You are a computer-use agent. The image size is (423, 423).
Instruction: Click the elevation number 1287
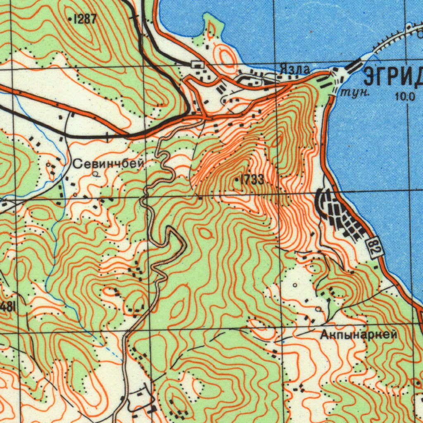pos(86,18)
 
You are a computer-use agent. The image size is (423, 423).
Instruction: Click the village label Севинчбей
pos(109,164)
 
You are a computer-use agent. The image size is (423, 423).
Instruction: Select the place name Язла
pos(294,70)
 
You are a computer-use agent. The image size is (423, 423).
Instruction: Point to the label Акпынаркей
pos(359,335)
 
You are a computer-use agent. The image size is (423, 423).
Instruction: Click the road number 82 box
pos(375,247)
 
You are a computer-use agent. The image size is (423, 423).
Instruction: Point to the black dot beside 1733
pos(236,180)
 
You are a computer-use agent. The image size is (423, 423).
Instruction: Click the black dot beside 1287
pos(70,18)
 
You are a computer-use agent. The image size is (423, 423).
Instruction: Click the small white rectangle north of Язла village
pos(198,64)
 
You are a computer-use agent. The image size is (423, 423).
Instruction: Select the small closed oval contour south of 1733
pos(205,233)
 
